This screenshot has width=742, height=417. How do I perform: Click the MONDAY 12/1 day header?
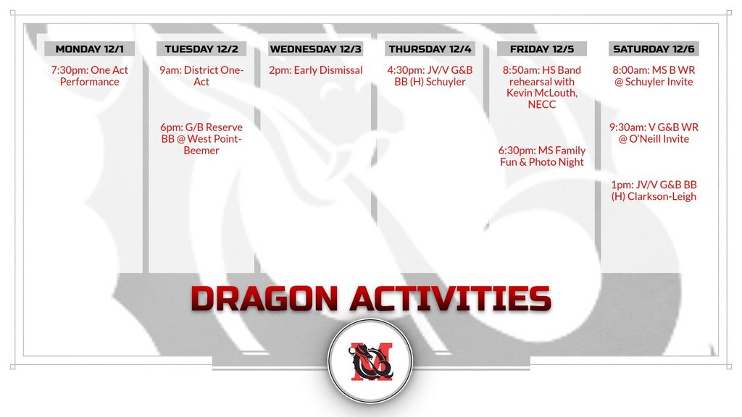pyautogui.click(x=89, y=49)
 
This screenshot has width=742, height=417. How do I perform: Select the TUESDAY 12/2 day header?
pyautogui.click(x=201, y=49)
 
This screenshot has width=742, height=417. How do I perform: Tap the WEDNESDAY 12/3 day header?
pyautogui.click(x=316, y=49)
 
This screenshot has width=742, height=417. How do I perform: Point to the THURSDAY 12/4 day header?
pyautogui.click(x=430, y=49)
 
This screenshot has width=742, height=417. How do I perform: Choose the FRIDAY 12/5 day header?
pyautogui.click(x=542, y=49)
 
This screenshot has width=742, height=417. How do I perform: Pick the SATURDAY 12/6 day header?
pyautogui.click(x=654, y=49)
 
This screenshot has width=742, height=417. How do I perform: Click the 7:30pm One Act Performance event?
pyautogui.click(x=89, y=75)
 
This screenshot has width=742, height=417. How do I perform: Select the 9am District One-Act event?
pyautogui.click(x=201, y=75)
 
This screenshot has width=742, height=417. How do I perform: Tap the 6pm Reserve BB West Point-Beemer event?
pyautogui.click(x=201, y=138)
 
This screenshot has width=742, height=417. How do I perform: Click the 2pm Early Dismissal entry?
pyautogui.click(x=316, y=70)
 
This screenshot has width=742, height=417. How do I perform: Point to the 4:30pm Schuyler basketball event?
pyautogui.click(x=430, y=75)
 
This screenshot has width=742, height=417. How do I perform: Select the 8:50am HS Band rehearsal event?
pyautogui.click(x=542, y=87)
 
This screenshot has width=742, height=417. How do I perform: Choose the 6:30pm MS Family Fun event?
pyautogui.click(x=542, y=156)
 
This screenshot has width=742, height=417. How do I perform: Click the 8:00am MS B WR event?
pyautogui.click(x=654, y=75)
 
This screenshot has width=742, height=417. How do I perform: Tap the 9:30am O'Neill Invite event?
pyautogui.click(x=654, y=133)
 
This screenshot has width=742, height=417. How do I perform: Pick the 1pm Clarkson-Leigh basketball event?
pyautogui.click(x=654, y=190)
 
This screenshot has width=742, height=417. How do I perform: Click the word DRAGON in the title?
pyautogui.click(x=264, y=298)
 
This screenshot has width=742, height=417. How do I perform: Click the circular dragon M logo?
pyautogui.click(x=370, y=361)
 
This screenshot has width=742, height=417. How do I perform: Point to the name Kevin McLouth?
pyautogui.click(x=542, y=93)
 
